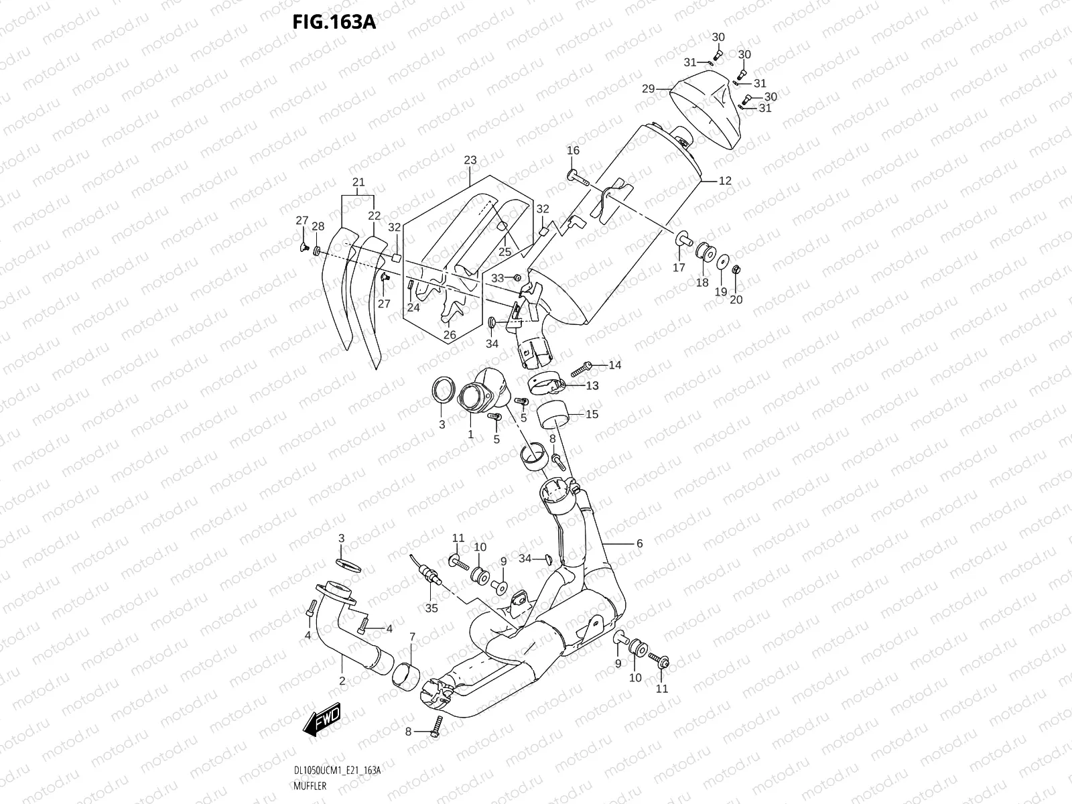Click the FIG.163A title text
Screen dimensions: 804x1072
(x=334, y=22)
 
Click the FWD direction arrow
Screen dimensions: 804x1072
(x=322, y=722)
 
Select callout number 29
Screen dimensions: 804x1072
(x=648, y=88)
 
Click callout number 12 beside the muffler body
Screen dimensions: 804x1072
(x=726, y=181)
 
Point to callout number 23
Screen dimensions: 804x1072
(x=470, y=160)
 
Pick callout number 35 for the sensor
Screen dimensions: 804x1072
(x=431, y=608)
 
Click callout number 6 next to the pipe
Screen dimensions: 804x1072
(x=639, y=543)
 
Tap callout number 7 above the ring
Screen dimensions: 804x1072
(x=412, y=636)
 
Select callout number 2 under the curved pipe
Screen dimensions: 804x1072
(x=342, y=681)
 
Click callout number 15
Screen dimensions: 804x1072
(x=592, y=414)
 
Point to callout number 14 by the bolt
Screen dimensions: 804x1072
(x=615, y=365)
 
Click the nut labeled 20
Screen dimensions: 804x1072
(x=735, y=271)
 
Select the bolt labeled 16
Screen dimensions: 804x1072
(x=578, y=178)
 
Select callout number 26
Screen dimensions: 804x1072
(x=450, y=334)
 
